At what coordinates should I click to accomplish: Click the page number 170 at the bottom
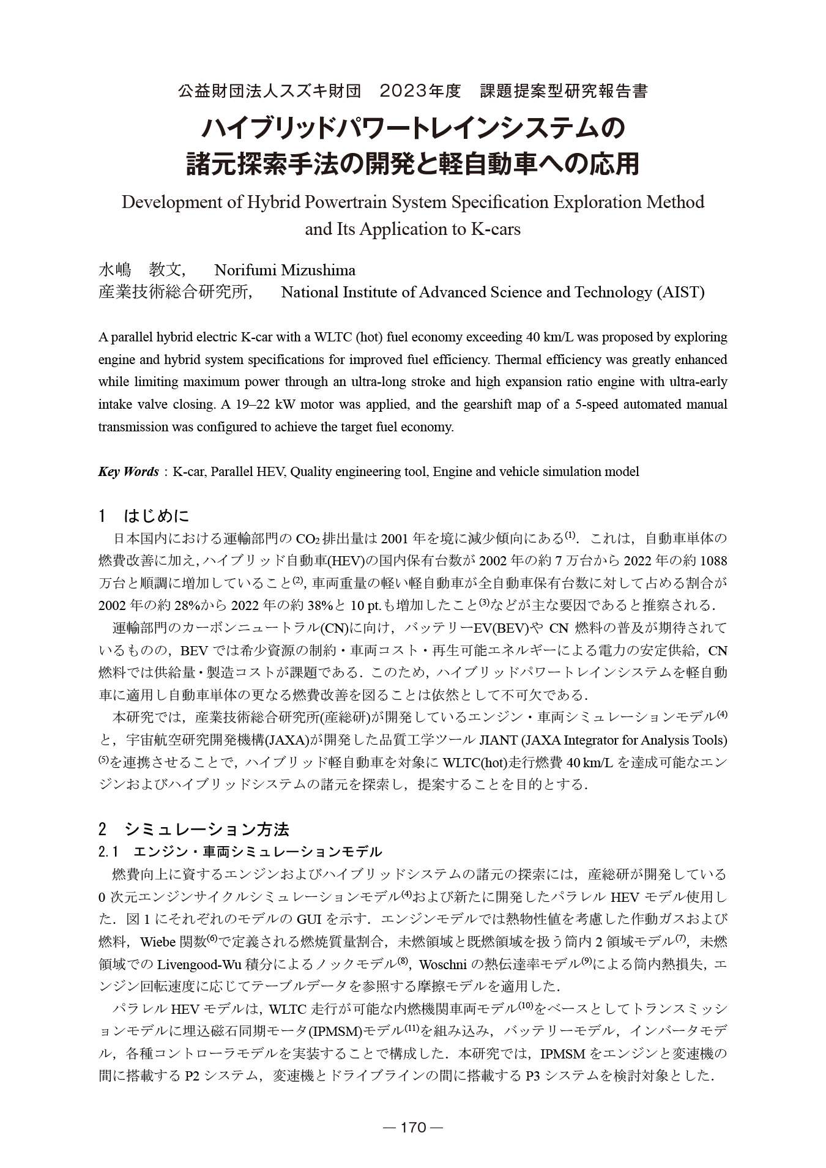[x=413, y=1128]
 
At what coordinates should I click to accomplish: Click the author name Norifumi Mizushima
[x=285, y=270]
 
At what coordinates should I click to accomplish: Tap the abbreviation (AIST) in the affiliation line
[x=680, y=292]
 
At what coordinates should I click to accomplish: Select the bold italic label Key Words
[x=128, y=472]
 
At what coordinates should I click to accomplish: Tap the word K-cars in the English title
[x=496, y=229]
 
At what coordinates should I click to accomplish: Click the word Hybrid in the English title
[x=270, y=202]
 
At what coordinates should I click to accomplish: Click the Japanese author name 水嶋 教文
[x=141, y=270]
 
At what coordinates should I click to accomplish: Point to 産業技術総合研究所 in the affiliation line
[x=174, y=292]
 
